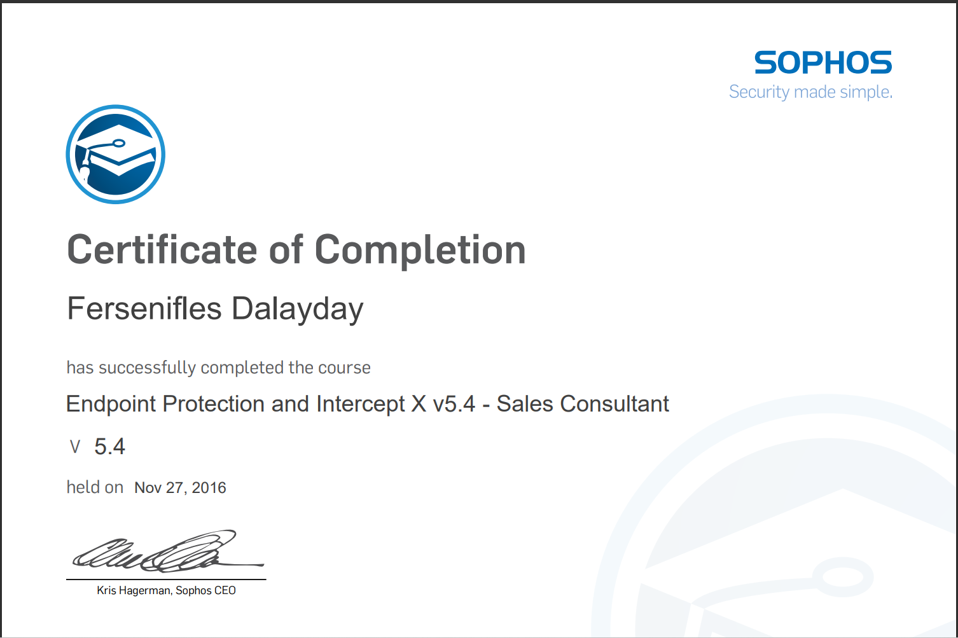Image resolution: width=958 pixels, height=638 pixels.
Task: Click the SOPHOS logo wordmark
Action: tap(823, 62)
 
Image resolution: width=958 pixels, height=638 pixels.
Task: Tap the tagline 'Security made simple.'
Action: tap(810, 92)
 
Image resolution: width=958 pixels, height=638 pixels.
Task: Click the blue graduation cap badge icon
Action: tap(116, 155)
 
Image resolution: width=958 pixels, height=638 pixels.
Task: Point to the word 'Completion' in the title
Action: tap(420, 249)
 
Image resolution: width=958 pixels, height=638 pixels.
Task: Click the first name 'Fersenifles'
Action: tap(144, 309)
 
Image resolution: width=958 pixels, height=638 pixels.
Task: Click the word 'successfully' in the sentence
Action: tap(147, 368)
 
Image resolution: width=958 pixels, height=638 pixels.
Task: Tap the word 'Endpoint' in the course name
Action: tap(111, 404)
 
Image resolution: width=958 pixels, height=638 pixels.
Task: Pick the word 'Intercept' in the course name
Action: tap(360, 404)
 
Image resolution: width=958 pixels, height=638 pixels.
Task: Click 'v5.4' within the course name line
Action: tap(454, 404)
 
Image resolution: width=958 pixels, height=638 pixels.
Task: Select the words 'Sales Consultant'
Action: tap(583, 404)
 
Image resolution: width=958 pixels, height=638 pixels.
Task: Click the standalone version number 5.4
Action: tap(109, 447)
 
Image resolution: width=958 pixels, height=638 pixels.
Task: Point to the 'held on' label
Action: tap(95, 487)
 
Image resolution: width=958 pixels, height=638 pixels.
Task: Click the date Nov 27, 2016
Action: tap(180, 488)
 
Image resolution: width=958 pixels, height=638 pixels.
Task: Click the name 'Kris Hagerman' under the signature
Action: tap(134, 590)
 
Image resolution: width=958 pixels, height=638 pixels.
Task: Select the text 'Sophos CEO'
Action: tap(205, 590)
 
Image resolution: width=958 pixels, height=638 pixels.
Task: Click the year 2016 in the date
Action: tap(209, 488)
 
